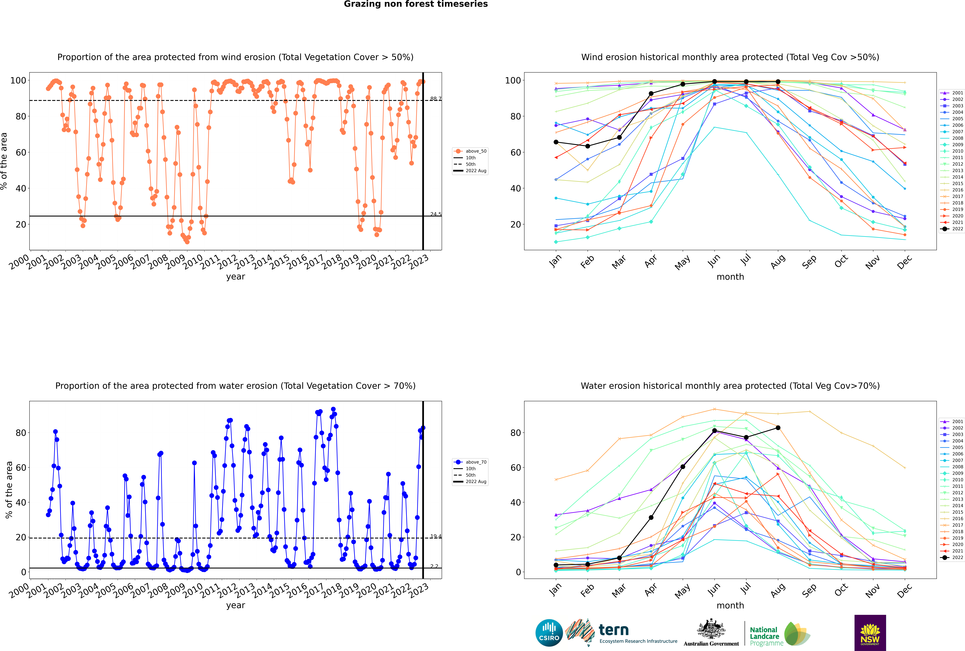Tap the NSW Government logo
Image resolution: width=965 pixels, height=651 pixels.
pyautogui.click(x=870, y=632)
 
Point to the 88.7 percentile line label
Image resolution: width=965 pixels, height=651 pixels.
pyautogui.click(x=436, y=99)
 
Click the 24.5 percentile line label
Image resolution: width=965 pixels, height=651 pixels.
pyautogui.click(x=436, y=214)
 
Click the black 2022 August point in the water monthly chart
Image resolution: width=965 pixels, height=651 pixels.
pyautogui.click(x=778, y=428)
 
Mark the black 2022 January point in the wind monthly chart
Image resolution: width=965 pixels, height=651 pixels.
pyautogui.click(x=556, y=142)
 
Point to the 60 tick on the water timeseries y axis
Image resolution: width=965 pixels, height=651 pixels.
pyautogui.click(x=21, y=467)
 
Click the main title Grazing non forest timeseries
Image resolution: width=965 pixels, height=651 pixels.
pyautogui.click(x=416, y=4)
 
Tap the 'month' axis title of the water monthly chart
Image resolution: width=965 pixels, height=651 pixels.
pyautogui.click(x=730, y=605)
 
